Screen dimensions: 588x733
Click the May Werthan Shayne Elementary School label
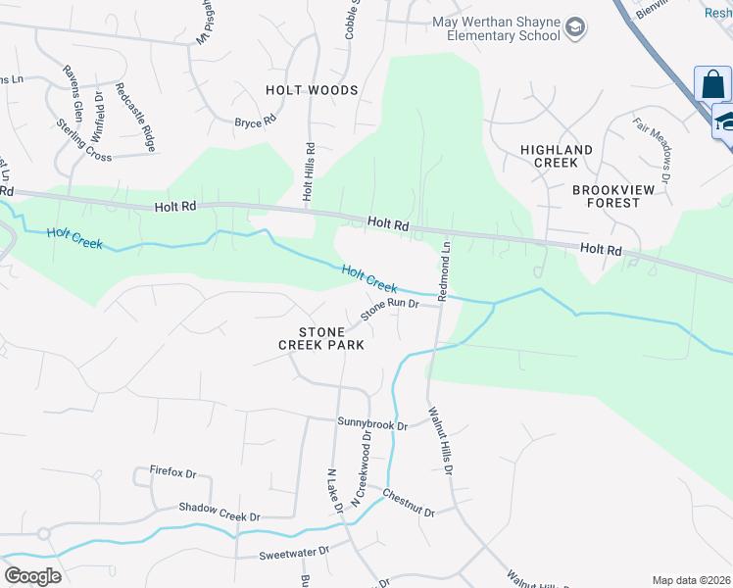(x=497, y=28)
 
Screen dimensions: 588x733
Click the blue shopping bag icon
(x=713, y=84)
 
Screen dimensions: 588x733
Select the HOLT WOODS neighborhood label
(x=312, y=90)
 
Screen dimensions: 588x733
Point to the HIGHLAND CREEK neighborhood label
(x=556, y=157)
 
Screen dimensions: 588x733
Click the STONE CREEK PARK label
(x=321, y=338)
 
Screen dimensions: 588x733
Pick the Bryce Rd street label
(x=255, y=122)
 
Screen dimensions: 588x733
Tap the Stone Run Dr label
(x=389, y=310)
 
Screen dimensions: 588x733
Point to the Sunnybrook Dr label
(x=371, y=423)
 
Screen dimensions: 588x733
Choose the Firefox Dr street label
(x=173, y=472)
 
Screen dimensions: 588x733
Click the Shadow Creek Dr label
(x=219, y=510)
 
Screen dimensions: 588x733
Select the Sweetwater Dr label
(x=294, y=554)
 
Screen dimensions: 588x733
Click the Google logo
(x=32, y=575)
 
